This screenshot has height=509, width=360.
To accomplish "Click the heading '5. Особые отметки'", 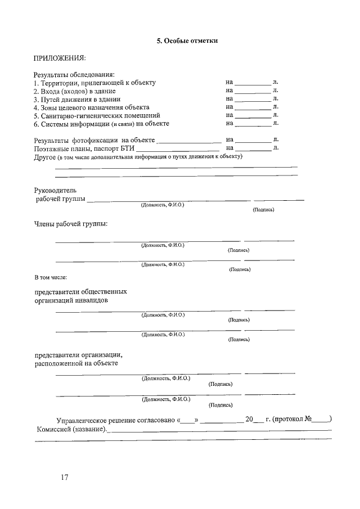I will tap(186, 40).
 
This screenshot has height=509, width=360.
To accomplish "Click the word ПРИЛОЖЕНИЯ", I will tap(60, 58).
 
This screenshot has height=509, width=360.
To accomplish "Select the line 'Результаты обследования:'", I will tap(74, 74).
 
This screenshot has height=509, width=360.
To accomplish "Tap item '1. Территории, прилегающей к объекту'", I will tap(94, 83).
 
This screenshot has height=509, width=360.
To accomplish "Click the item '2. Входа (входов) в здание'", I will tap(74, 91).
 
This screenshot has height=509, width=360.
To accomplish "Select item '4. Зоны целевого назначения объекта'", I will tap(91, 107).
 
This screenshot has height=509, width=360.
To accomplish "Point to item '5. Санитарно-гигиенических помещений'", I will tap(92, 115).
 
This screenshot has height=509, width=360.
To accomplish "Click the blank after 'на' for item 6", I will tap(253, 124).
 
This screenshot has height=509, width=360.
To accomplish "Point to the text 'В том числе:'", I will tap(51, 277).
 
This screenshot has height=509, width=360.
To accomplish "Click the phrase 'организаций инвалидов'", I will tap(71, 300).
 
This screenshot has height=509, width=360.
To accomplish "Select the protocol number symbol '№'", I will tap(309, 419).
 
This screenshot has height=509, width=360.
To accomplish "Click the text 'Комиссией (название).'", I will tap(71, 429).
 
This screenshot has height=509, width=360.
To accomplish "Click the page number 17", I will tap(64, 478).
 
